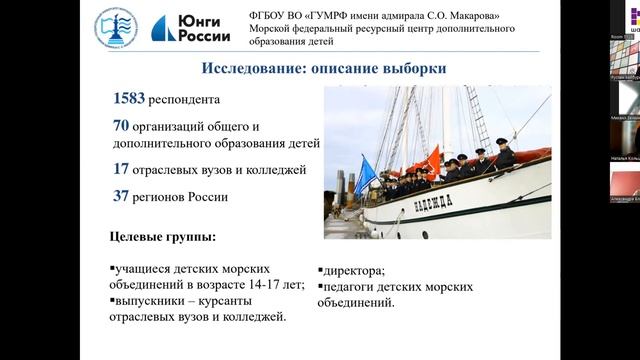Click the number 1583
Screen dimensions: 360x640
click(x=129, y=99)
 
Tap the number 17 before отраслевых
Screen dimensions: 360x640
click(x=121, y=169)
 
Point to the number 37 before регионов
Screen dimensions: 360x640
click(x=121, y=196)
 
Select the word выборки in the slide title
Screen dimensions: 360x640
click(x=415, y=68)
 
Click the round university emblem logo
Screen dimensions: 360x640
click(x=117, y=30)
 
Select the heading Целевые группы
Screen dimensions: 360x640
click(x=161, y=237)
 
